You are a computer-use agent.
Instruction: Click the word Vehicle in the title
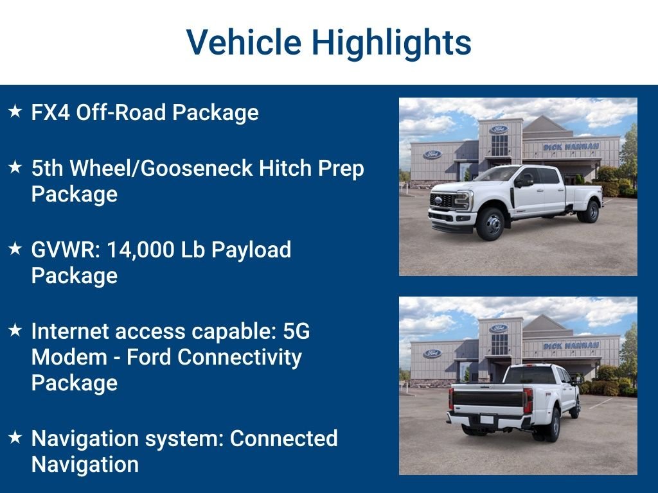(x=244, y=42)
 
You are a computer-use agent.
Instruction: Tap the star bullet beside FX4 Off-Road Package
(x=15, y=111)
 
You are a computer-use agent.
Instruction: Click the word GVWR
(x=66, y=250)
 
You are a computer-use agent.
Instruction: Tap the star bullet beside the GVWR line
(x=15, y=248)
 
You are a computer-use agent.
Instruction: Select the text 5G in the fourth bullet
(x=296, y=331)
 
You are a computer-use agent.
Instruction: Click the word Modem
(x=69, y=357)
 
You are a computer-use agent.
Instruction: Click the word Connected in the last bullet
(x=283, y=438)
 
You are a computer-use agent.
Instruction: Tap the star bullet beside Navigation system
(x=15, y=437)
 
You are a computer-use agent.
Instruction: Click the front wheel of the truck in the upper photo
(x=490, y=224)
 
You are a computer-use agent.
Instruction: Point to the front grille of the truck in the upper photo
(x=441, y=200)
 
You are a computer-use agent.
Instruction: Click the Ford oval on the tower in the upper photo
(x=499, y=129)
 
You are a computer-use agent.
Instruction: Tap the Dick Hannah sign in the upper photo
(x=571, y=147)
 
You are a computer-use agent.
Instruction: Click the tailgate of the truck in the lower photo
(x=488, y=399)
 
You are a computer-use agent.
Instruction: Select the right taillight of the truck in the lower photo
(x=528, y=401)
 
